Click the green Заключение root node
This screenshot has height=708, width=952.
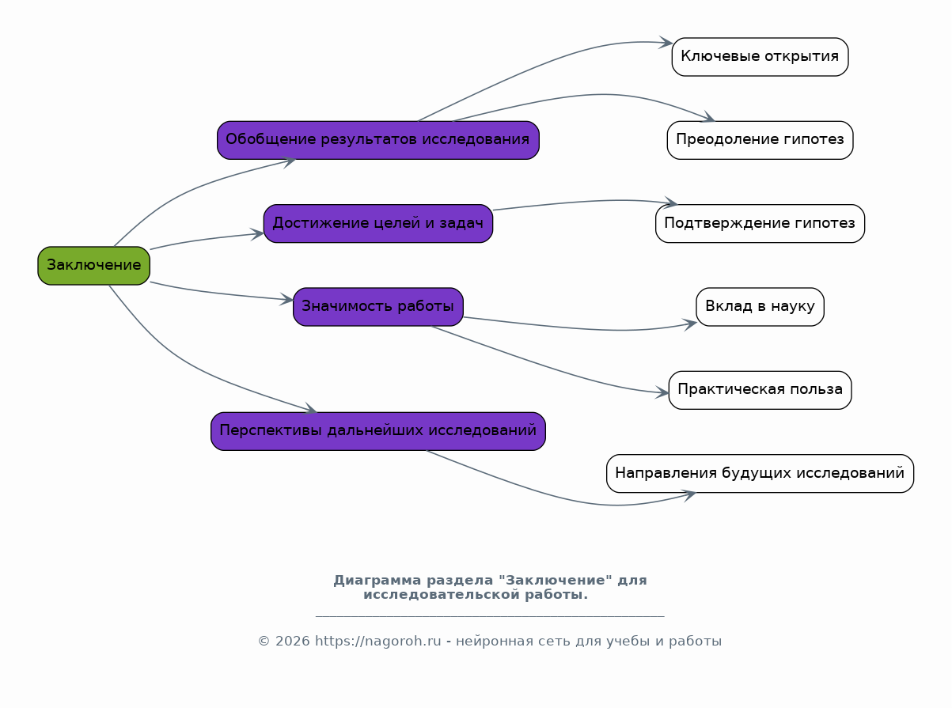point(93,266)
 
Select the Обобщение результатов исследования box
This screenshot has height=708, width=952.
point(377,140)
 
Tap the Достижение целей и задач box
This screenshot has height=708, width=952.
point(377,224)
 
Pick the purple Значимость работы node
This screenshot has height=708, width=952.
point(377,307)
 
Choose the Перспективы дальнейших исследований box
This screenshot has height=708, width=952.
point(377,431)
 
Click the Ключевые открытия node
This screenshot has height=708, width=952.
point(760,57)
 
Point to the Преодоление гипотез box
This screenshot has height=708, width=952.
point(760,140)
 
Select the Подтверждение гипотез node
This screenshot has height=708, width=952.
point(760,224)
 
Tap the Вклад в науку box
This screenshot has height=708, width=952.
point(760,307)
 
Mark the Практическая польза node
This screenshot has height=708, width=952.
point(760,390)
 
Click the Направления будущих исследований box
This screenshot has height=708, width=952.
point(760,473)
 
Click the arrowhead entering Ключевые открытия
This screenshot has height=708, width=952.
point(666,43)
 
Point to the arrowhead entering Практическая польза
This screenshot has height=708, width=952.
point(662,392)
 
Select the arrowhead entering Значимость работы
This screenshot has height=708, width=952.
point(286,299)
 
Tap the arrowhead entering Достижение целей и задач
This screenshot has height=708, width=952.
point(257,234)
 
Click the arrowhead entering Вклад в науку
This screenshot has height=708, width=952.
point(690,324)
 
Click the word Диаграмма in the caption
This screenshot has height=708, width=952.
point(377,580)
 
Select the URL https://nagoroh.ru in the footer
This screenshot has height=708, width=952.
point(377,641)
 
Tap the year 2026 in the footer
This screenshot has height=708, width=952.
point(292,641)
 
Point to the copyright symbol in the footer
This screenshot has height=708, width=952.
point(264,642)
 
